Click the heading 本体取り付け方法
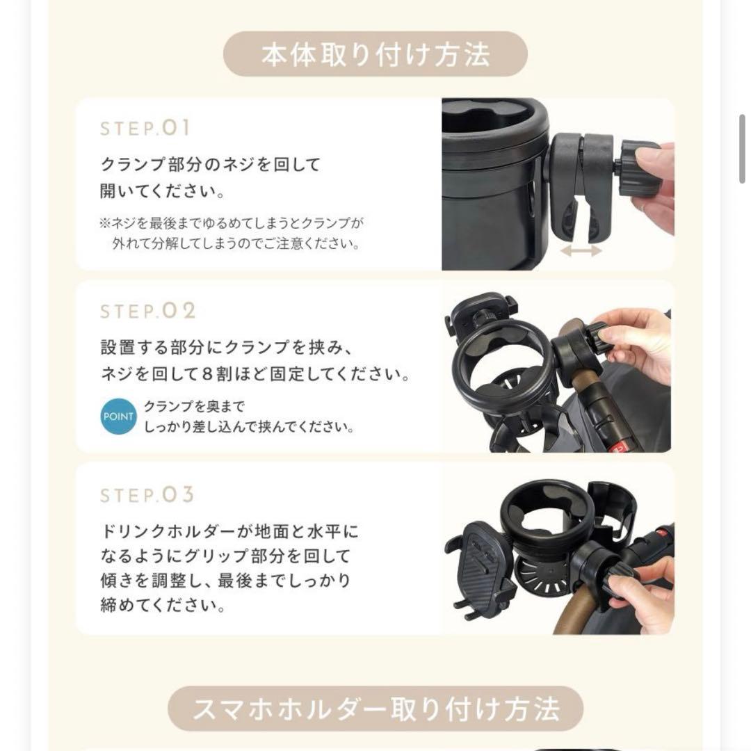(x=375, y=54)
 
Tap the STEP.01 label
(x=145, y=129)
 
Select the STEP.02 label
(x=148, y=311)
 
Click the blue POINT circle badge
(x=119, y=416)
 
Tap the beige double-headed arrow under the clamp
(x=581, y=250)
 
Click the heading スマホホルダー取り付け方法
(x=375, y=709)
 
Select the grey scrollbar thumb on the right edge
(x=742, y=150)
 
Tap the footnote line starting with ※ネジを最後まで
(x=232, y=223)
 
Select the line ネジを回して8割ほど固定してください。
(x=255, y=375)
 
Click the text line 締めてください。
(x=153, y=605)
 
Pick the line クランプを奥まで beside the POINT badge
(x=194, y=407)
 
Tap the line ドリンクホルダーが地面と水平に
(x=229, y=532)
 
